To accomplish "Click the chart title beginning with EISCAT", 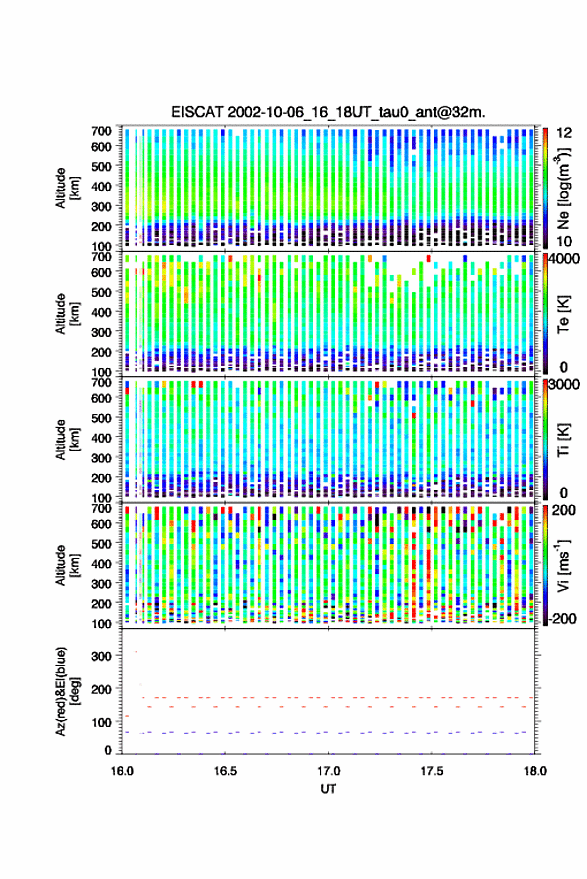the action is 329,112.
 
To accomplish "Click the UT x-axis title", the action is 328,789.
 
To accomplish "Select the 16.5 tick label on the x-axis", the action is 225,771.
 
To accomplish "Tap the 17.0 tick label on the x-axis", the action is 328,771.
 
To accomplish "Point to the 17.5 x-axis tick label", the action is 431,771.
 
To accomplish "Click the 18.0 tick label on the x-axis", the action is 535,771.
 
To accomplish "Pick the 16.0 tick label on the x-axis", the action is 122,771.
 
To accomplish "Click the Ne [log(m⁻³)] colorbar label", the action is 563,188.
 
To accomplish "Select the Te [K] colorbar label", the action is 563,314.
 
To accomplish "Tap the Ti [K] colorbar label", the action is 563,440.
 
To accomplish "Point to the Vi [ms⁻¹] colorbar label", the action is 563,565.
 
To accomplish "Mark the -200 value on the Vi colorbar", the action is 562,618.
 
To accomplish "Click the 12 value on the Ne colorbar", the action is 564,133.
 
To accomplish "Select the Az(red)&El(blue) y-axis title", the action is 66,691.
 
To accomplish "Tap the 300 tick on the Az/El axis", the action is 102,656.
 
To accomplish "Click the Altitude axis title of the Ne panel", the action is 66,188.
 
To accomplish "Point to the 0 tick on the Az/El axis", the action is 109,750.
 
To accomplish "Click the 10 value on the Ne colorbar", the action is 564,241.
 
